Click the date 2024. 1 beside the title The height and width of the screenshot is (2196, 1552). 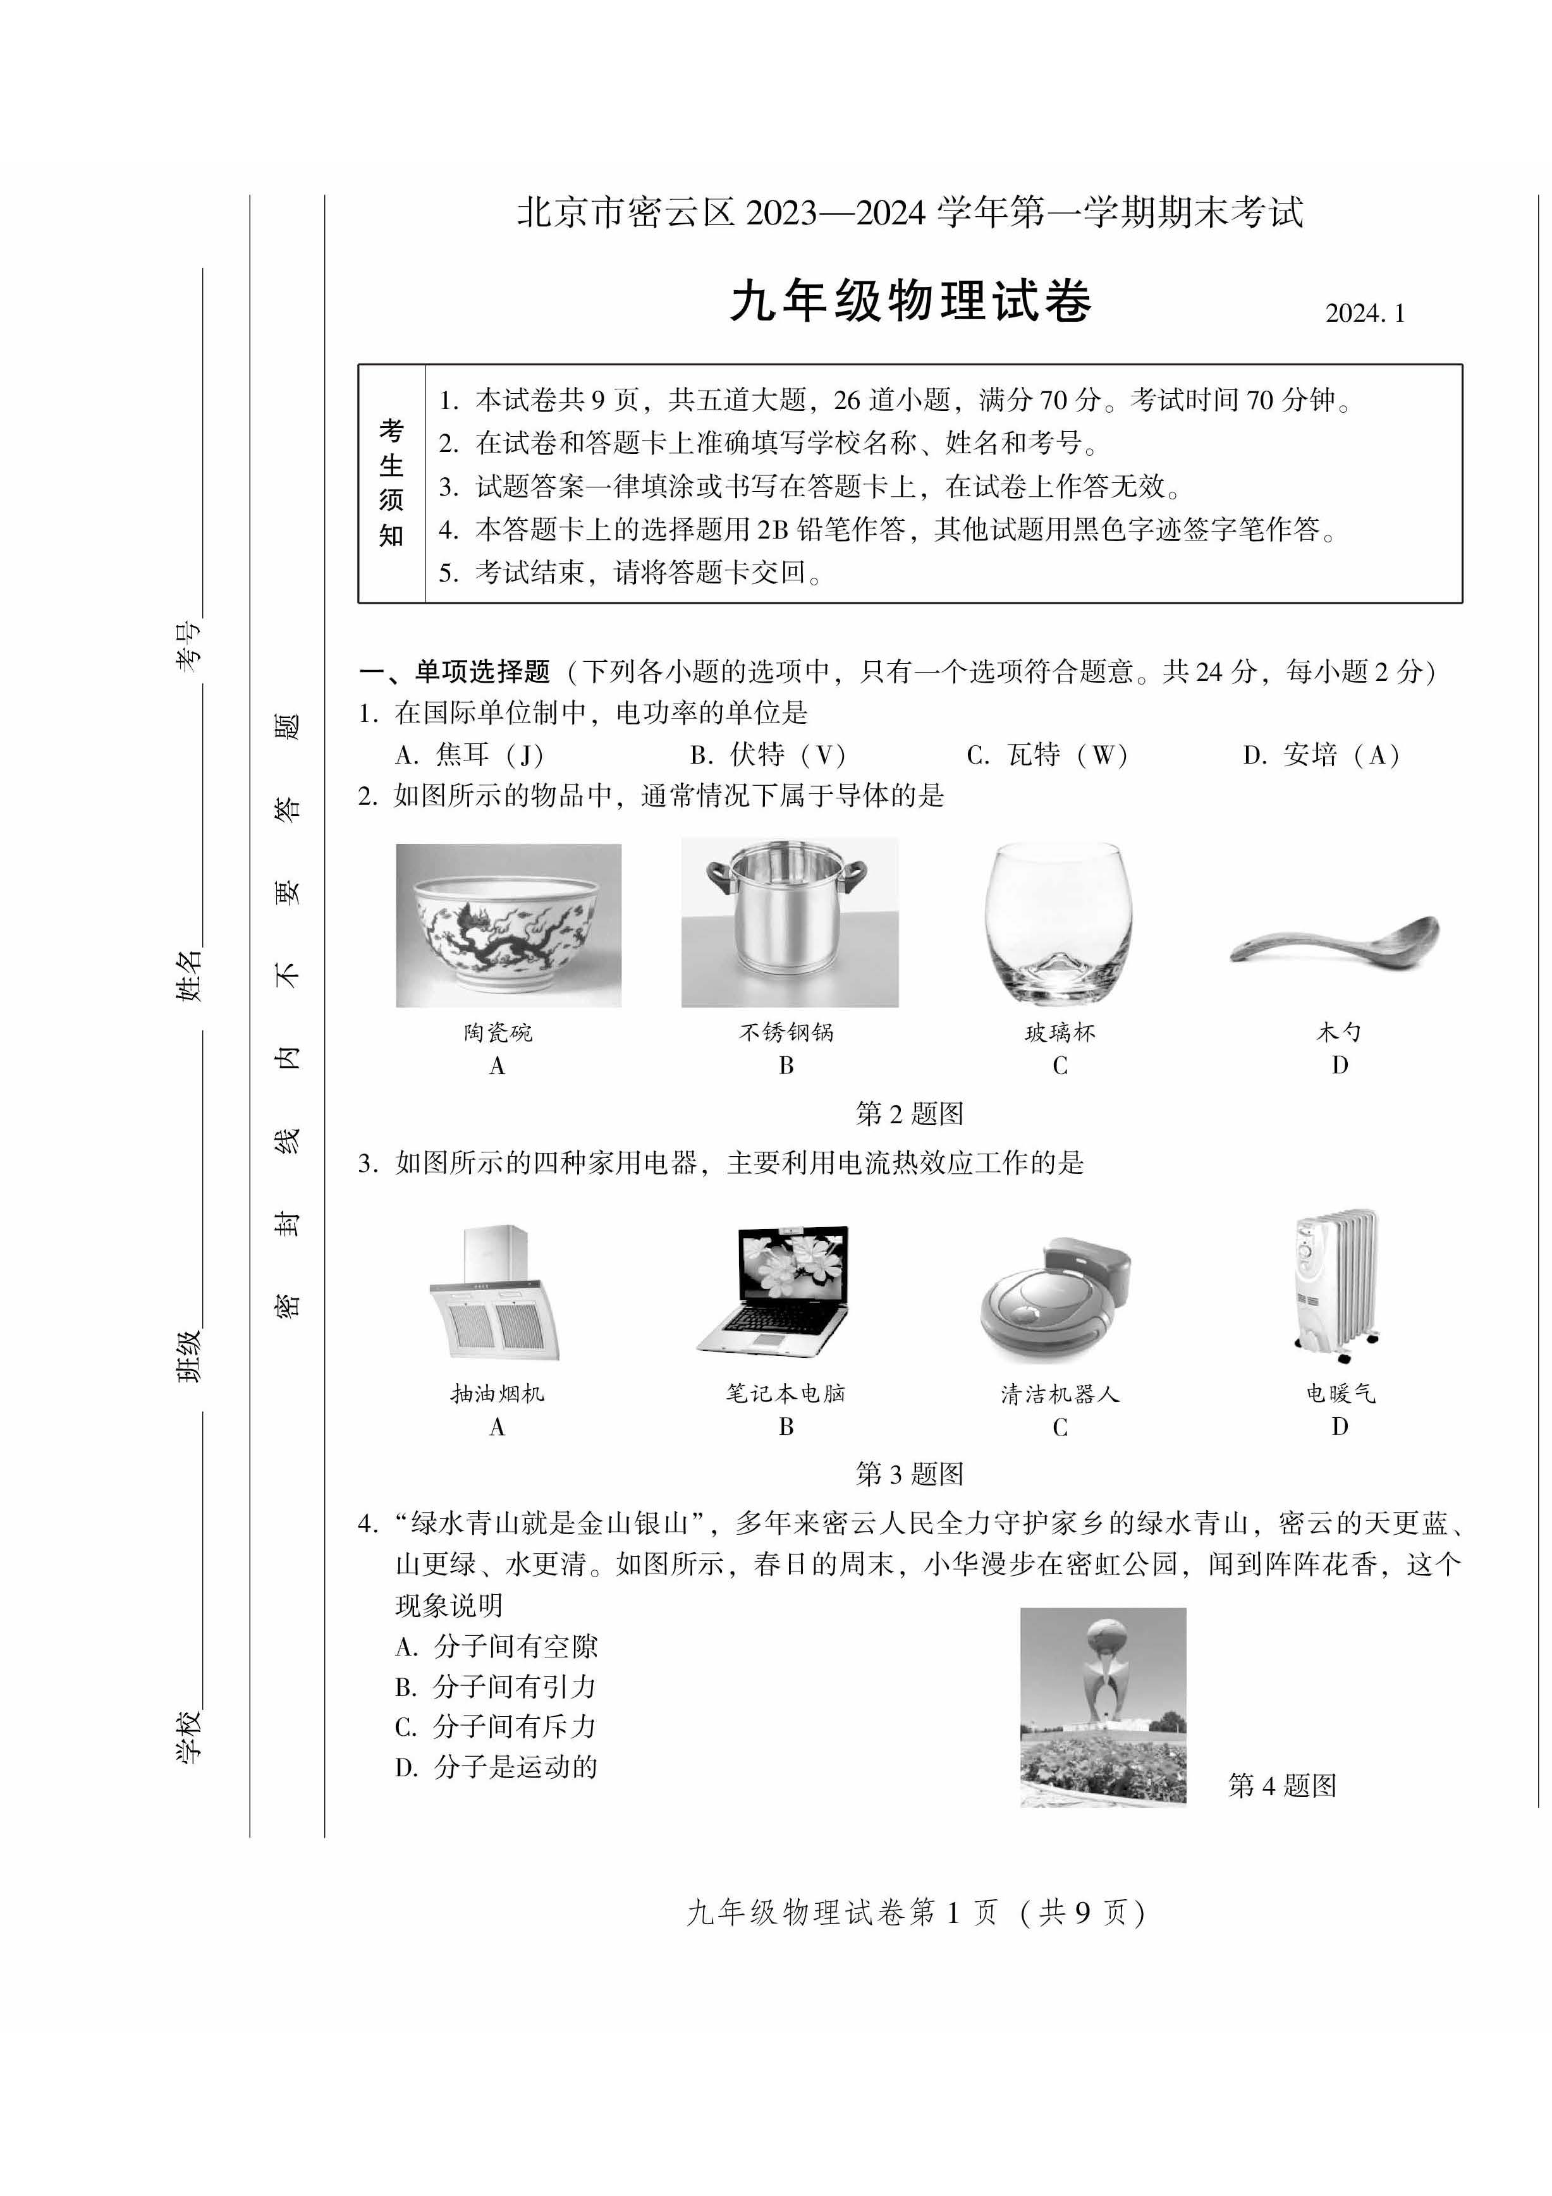1365,314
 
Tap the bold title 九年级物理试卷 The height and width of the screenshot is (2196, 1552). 910,302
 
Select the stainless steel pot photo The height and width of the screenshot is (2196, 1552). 789,922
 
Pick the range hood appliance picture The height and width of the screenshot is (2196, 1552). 496,1293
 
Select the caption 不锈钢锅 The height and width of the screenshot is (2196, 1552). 786,1032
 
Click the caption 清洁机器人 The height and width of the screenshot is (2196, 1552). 1060,1394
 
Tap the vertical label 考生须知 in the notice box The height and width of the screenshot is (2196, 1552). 391,483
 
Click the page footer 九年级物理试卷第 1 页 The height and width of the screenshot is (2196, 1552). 915,1912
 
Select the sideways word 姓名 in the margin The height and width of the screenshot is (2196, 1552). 188,975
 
